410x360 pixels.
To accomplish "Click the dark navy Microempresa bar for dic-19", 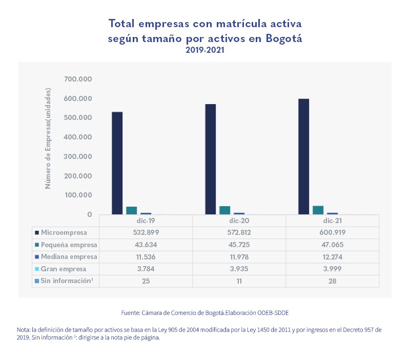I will tap(117, 163).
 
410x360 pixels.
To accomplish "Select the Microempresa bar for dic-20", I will tap(210, 159).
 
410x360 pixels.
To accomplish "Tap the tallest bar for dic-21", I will tap(303, 156).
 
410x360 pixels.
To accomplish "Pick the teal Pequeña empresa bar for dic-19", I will tap(131, 210).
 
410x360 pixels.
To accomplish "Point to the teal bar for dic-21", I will tap(318, 210).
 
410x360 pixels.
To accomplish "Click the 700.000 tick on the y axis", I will tap(78, 79).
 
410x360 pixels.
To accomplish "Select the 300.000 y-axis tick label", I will tap(78, 156).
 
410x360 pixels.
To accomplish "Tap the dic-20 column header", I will tap(239, 221).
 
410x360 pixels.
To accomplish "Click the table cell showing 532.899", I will tap(146, 232).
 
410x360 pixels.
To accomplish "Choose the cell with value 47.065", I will tap(332, 244).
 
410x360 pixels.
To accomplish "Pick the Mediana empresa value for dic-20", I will tap(239, 256).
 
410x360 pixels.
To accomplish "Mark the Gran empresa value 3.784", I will tap(146, 269).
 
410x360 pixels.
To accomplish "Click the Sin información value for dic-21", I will tap(332, 281).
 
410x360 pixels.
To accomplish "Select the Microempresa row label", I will tap(64, 232).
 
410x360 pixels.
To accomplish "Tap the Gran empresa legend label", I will tap(64, 269).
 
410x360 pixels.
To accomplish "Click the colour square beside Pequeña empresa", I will tap(36, 245).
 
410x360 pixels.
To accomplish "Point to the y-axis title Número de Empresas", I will tap(48, 138).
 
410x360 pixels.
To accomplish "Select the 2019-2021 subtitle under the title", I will tap(205, 51).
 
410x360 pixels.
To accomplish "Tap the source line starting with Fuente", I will tap(205, 312).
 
